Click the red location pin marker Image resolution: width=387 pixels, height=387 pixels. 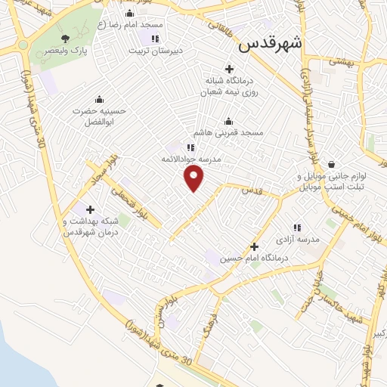(194, 177)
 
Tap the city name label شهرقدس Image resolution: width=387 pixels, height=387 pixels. (270, 44)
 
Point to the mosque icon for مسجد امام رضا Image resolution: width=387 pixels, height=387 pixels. (129, 14)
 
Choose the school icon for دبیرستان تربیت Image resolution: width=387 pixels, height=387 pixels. (154, 39)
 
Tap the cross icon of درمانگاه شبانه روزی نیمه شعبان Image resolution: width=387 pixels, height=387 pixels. (229, 69)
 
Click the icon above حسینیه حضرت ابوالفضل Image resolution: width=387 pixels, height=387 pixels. (98, 99)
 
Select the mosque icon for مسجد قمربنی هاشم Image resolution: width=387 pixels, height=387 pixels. (229, 121)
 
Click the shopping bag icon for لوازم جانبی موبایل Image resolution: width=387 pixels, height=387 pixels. (331, 164)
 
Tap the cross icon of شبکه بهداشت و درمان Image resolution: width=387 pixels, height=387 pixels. (90, 209)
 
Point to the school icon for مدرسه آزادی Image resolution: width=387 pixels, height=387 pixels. (297, 227)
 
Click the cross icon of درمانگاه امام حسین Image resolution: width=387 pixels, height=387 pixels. (254, 246)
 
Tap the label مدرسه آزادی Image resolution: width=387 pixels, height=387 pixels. (298, 239)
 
